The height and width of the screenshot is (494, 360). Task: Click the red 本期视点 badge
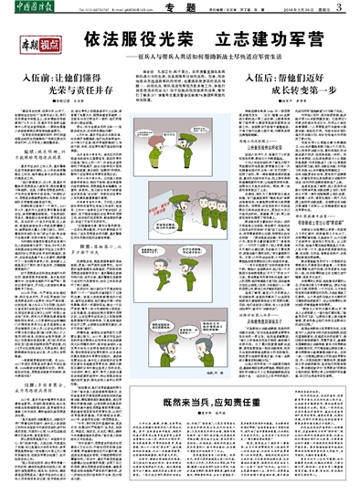click(x=41, y=43)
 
